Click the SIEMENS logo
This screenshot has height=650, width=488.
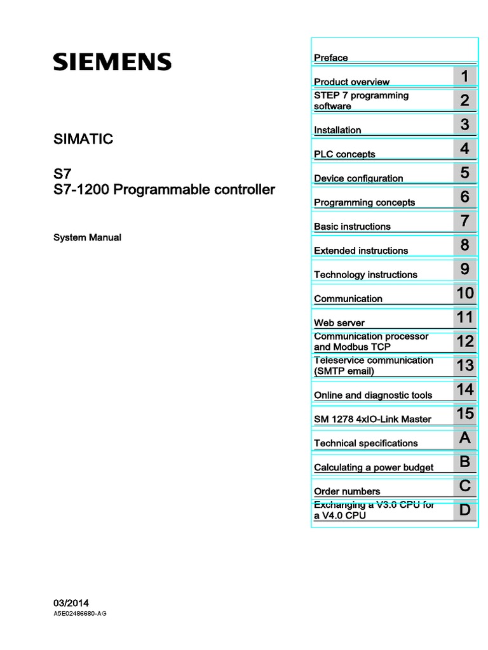click(x=112, y=62)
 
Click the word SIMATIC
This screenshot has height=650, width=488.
click(x=83, y=139)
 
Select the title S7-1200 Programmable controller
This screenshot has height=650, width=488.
click(x=165, y=189)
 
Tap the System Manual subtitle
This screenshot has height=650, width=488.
click(x=87, y=237)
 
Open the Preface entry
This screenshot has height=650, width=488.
click(x=331, y=58)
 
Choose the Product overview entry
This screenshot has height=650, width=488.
click(x=351, y=82)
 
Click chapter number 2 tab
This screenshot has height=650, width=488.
click(x=464, y=100)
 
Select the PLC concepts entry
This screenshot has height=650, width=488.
click(x=344, y=154)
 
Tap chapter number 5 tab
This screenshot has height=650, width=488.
click(x=464, y=173)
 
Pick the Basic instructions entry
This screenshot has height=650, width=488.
click(x=352, y=227)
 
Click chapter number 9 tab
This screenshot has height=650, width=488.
click(x=464, y=269)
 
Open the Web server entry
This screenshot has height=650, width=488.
click(x=339, y=323)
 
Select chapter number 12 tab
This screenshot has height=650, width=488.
click(x=464, y=342)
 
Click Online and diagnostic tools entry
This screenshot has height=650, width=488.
click(x=373, y=395)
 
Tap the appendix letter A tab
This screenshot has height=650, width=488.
click(x=464, y=438)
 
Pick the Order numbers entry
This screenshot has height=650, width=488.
click(x=347, y=492)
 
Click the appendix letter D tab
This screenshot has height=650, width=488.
click(x=464, y=510)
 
